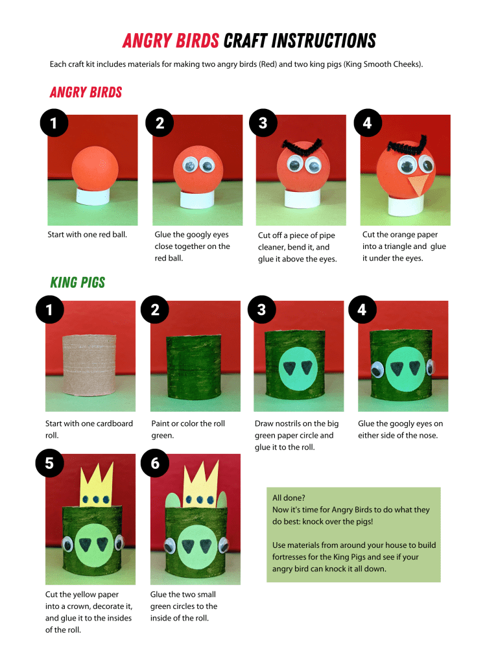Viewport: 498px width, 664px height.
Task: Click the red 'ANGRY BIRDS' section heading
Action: [x=86, y=92]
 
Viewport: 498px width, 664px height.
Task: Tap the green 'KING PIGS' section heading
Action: [x=77, y=282]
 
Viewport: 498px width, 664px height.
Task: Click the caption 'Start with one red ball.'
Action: [x=87, y=234]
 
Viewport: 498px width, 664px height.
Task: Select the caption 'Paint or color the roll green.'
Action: [x=187, y=429]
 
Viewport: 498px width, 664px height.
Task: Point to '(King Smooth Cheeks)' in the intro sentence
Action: [x=387, y=64]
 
